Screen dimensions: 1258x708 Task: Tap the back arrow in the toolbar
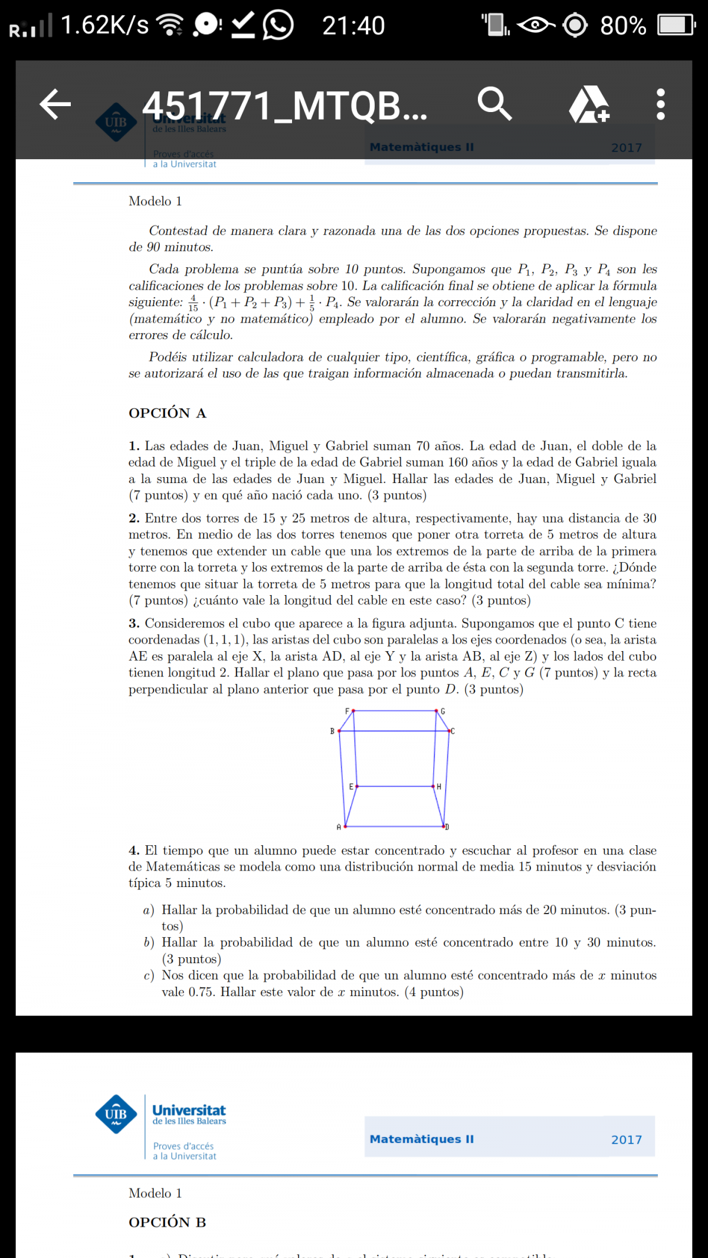pos(55,104)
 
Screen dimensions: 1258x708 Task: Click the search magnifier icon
pos(494,104)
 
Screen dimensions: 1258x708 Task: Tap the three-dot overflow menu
pos(660,104)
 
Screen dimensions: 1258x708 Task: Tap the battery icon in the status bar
pos(676,25)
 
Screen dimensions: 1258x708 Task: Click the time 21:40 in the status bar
pos(353,25)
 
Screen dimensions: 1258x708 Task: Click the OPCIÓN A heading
pos(168,413)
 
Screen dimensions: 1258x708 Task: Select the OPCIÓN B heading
pos(168,1222)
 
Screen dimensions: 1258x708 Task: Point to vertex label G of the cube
pos(443,711)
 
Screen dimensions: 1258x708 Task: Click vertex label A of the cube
pos(339,827)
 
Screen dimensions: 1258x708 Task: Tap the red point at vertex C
pos(449,731)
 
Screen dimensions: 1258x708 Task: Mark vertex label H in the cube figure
pos(439,787)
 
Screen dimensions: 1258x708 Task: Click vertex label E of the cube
pos(351,787)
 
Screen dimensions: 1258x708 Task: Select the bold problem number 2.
pos(134,518)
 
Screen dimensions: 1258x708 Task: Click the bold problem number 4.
pos(134,850)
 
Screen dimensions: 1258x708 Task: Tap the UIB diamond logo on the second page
pos(116,1114)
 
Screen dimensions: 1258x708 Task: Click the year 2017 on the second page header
pos(626,1139)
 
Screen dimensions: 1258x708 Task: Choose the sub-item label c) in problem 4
pos(149,975)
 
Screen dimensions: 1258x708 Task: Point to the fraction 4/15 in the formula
pos(193,303)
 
